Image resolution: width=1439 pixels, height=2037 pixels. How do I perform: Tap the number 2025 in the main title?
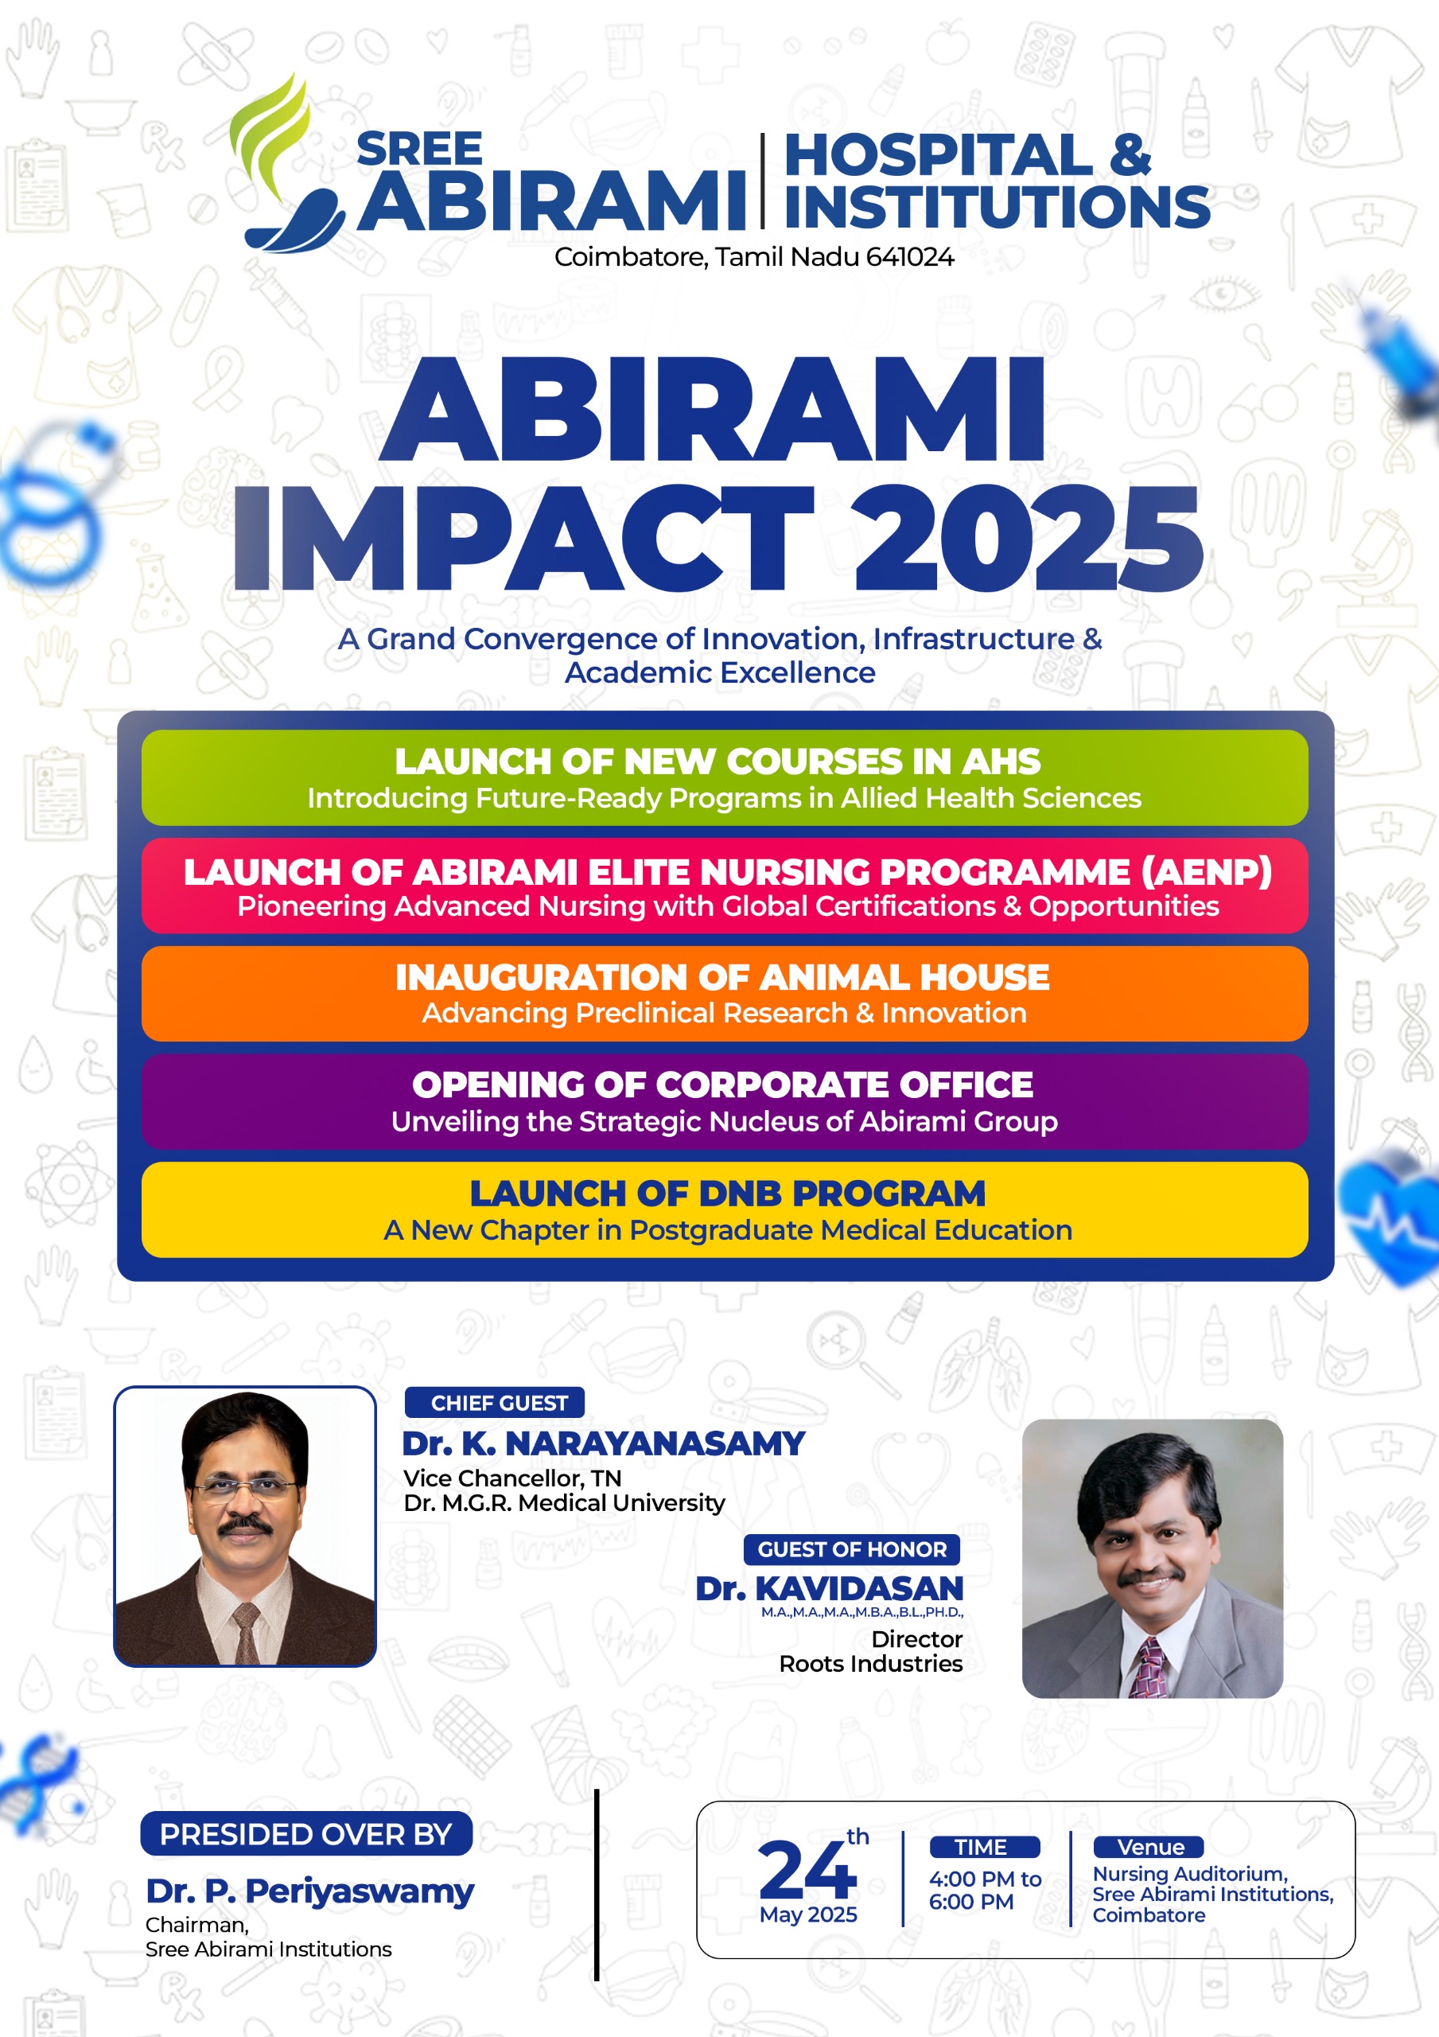tap(1029, 539)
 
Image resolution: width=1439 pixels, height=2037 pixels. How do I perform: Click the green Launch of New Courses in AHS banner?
tap(724, 778)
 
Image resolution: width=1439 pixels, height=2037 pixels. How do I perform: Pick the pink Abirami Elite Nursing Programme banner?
tap(724, 886)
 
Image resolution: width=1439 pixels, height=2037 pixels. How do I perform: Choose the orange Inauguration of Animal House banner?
tap(724, 994)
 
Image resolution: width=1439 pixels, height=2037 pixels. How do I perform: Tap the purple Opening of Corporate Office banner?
tap(724, 1102)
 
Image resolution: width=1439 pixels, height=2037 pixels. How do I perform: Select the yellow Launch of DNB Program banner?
tap(724, 1210)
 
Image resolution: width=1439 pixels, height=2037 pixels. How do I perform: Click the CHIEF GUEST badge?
tap(495, 1403)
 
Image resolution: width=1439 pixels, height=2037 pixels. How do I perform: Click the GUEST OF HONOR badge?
tap(852, 1549)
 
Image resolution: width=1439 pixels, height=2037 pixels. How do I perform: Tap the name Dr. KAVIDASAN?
tap(830, 1589)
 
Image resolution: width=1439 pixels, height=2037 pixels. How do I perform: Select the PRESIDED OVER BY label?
tap(306, 1834)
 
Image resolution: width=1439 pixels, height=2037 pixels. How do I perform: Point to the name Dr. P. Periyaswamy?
tap(309, 1891)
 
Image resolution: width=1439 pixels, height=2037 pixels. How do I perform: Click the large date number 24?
tap(807, 1869)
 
